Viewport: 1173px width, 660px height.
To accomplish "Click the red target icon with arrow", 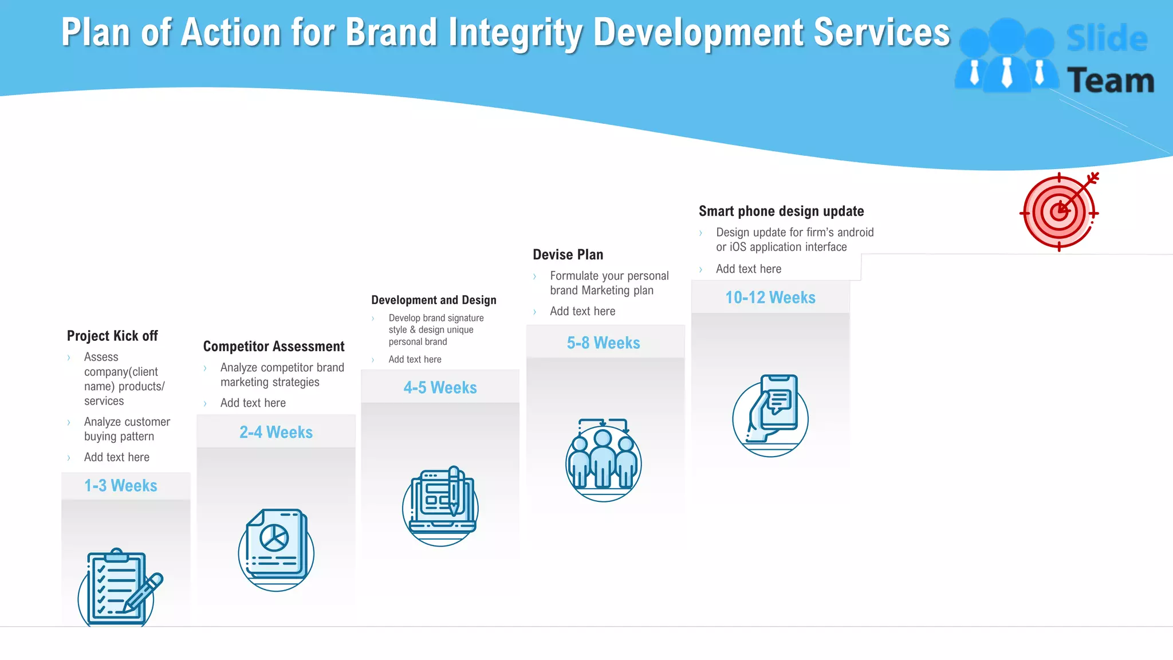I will click(x=1059, y=212).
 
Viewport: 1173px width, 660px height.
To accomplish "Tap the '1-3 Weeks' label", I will click(x=121, y=486).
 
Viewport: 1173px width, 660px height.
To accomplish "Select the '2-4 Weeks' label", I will click(x=276, y=432).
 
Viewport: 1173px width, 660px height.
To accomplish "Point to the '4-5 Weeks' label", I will click(x=440, y=388).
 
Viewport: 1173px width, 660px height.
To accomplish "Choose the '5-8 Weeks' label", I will click(x=604, y=343).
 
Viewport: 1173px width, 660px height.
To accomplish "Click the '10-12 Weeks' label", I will click(x=770, y=297).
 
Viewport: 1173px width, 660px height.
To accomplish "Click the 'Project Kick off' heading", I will click(x=112, y=336).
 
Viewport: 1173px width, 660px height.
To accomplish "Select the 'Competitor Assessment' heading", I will click(x=274, y=347).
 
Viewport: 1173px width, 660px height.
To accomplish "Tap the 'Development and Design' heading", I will click(x=434, y=300).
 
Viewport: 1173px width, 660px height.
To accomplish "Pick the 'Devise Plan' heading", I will click(x=568, y=254).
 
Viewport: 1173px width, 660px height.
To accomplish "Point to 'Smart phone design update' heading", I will click(x=781, y=211).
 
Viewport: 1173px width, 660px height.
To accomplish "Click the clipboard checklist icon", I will click(x=120, y=587).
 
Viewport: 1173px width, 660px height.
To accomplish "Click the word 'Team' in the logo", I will click(x=1111, y=81).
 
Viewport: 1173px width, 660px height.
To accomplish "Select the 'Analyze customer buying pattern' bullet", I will click(x=127, y=429).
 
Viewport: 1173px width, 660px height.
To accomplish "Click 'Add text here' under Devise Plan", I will click(x=582, y=311).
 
